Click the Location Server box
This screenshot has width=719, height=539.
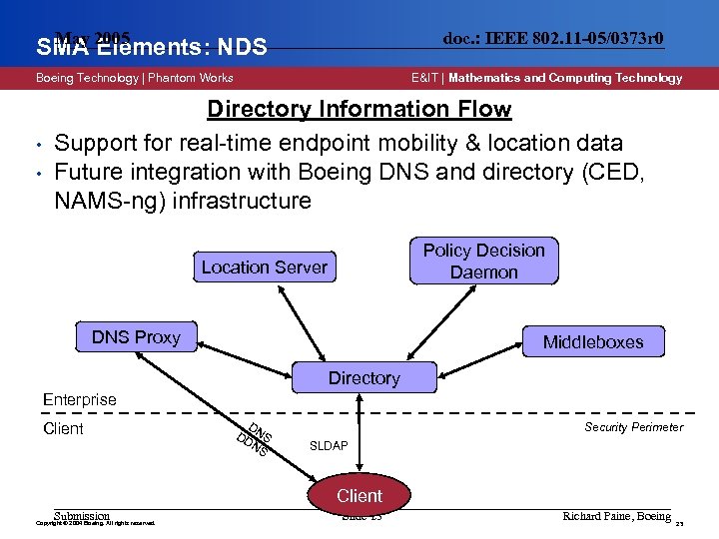265,267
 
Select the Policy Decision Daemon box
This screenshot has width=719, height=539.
483,262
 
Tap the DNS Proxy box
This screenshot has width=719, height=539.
137,337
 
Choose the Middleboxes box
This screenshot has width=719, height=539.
593,342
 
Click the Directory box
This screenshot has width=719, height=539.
363,378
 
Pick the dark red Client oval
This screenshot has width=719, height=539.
359,495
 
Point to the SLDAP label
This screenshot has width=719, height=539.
330,445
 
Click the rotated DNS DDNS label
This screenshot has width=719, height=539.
255,440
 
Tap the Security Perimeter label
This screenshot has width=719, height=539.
634,427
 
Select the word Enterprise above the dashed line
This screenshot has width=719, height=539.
80,399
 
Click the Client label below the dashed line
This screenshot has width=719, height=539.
63,429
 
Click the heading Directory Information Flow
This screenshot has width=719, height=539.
359,110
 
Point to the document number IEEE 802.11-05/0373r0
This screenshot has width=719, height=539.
553,39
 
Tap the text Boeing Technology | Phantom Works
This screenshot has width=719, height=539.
135,78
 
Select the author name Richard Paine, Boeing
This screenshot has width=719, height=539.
616,516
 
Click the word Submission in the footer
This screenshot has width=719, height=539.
82,516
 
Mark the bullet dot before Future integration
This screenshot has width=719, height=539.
37,172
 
